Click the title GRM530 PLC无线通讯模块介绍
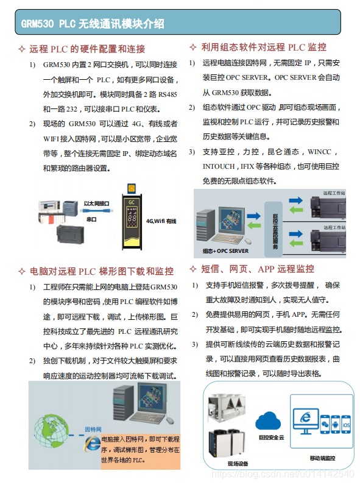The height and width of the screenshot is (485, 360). [93, 24]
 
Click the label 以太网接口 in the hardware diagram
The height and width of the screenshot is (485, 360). [96, 204]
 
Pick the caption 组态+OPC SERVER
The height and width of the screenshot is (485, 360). [225, 250]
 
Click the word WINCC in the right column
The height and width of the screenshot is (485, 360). [320, 151]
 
